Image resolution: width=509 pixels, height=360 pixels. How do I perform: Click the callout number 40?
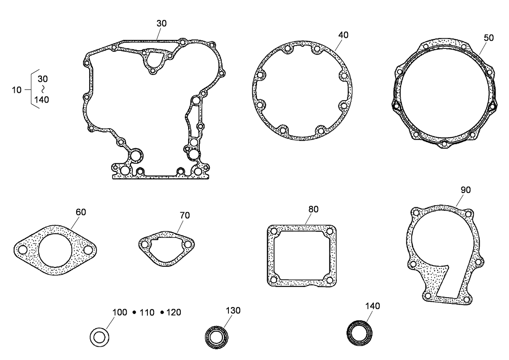pos(343,35)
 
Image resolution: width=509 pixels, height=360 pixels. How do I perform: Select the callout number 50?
pos(488,37)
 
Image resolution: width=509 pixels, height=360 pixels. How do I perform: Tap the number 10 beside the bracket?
pos(17,90)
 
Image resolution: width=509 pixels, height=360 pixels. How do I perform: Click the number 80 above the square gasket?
pos(313,209)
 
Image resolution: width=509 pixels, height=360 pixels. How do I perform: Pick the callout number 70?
pos(184,216)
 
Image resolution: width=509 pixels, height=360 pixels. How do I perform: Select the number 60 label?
pos(81,212)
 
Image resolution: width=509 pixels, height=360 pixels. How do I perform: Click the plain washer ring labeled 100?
pos(99,337)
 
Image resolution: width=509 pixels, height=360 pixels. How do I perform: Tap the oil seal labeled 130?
pos(216,337)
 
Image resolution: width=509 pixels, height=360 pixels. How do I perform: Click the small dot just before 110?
pos(134,312)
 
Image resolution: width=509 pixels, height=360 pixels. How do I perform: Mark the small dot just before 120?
pos(162,312)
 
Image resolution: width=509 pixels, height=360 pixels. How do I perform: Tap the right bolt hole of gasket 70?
pos(188,244)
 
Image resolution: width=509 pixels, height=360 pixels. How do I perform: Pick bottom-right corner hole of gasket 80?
pos(329,280)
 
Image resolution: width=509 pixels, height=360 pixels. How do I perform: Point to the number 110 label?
pos(147,313)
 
